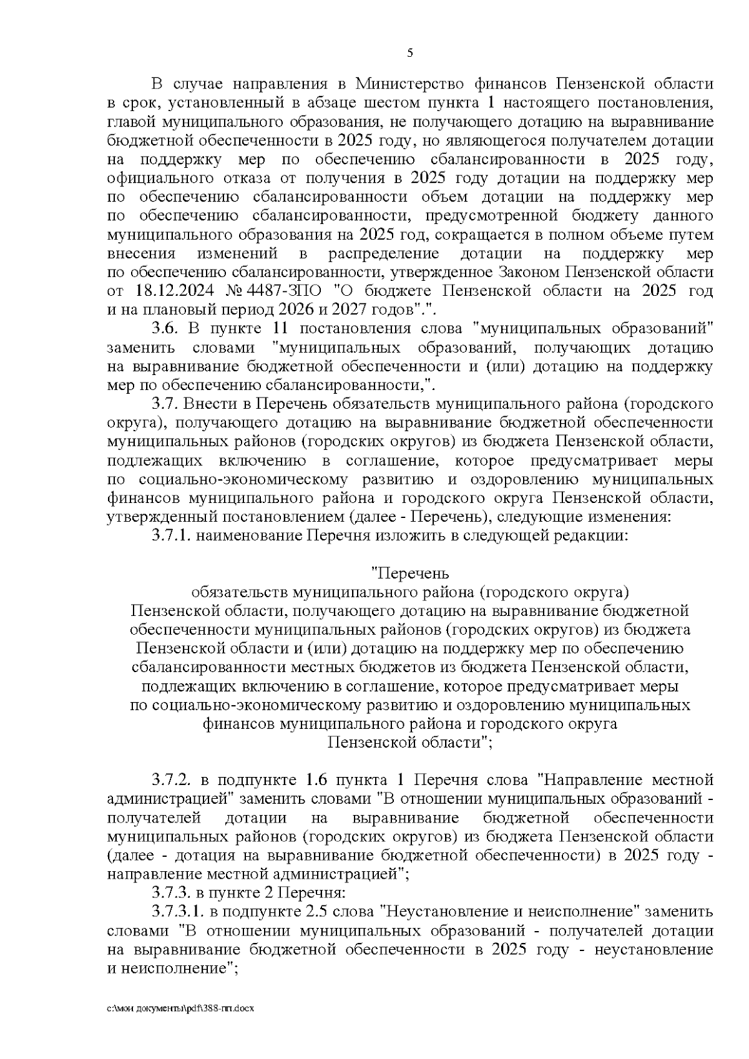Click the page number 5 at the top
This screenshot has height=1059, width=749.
[410, 54]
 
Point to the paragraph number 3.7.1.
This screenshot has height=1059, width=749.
[172, 535]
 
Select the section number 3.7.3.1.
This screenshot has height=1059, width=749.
[178, 912]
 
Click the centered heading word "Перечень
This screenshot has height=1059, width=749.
[409, 572]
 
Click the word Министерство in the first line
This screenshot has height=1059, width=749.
[409, 83]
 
